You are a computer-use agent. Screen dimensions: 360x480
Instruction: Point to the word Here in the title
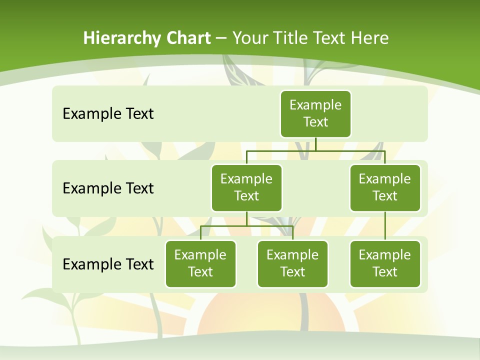click(x=369, y=38)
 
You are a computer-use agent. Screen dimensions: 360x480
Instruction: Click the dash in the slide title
click(x=221, y=38)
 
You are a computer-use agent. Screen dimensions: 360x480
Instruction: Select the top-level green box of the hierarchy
click(x=315, y=113)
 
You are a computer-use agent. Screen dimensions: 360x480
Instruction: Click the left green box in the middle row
click(x=246, y=187)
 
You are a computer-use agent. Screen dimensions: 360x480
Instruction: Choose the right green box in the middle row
click(x=385, y=187)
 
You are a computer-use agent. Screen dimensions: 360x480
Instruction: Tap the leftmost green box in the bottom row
click(x=200, y=263)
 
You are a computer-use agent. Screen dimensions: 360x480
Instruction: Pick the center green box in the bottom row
click(x=292, y=263)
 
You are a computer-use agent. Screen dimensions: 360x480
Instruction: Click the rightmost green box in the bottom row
click(x=385, y=263)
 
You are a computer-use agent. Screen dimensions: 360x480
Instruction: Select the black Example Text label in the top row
click(x=108, y=114)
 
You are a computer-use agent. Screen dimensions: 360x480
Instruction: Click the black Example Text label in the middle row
click(x=108, y=188)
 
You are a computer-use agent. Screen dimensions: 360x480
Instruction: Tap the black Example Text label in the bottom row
click(x=108, y=264)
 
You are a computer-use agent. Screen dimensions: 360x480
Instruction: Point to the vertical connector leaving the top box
click(x=315, y=144)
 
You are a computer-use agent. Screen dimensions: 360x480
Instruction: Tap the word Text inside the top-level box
click(x=315, y=122)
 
